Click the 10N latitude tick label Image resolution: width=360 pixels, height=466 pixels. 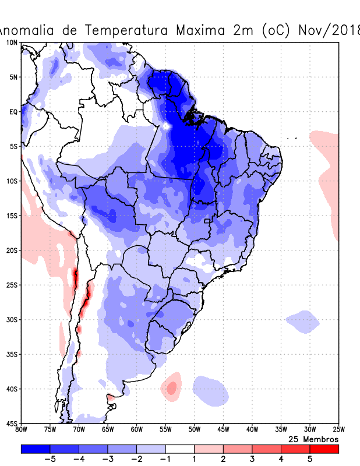pos(11,43)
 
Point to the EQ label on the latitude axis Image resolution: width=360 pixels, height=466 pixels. pos(13,112)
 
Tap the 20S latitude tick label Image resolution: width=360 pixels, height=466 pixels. pos(11,250)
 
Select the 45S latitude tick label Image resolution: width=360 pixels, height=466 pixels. pos(11,423)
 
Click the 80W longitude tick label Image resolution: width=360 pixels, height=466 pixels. pos(22,430)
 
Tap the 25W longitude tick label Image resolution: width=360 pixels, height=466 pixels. pos(338,430)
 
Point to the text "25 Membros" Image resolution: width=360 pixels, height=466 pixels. pos(313,439)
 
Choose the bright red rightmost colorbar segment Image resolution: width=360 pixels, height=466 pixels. pos(324,449)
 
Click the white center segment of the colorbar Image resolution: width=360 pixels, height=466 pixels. pos(180,449)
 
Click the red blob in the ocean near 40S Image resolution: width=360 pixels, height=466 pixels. pos(172,387)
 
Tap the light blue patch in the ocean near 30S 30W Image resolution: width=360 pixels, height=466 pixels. pos(302,321)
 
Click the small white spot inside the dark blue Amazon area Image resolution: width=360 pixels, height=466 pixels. pos(167,125)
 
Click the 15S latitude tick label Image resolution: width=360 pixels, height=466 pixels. pos(11,216)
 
